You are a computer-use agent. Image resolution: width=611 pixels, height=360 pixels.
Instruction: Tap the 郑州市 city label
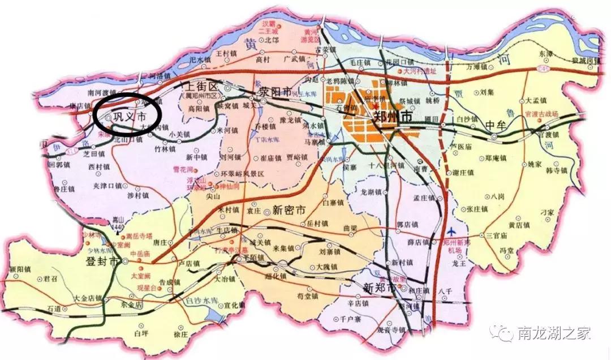point(391,117)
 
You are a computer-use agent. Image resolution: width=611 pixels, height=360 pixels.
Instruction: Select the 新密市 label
point(289,209)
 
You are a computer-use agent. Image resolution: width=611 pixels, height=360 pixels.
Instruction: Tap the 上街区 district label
point(198,86)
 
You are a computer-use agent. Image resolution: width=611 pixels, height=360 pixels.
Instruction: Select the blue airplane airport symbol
point(451,232)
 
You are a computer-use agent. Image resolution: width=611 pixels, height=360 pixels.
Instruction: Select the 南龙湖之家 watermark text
point(553,333)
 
